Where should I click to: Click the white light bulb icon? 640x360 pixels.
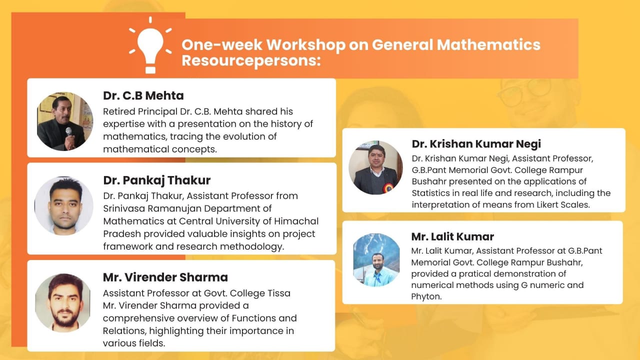click(x=150, y=45)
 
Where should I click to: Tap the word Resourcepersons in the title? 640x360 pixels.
click(x=251, y=61)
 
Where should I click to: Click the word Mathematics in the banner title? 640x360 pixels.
click(x=488, y=44)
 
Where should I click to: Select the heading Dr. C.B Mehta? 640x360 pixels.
click(x=143, y=95)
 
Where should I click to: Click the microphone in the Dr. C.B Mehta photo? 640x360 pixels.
click(x=69, y=132)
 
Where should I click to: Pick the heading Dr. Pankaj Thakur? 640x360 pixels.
click(x=157, y=180)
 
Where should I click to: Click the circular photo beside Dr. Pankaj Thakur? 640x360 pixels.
click(x=63, y=206)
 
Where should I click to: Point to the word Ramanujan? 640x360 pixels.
click(x=174, y=209)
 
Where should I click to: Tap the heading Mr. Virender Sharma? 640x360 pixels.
click(x=165, y=277)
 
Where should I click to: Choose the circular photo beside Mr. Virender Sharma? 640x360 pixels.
click(x=63, y=303)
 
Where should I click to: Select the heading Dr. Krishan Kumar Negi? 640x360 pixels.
click(x=476, y=144)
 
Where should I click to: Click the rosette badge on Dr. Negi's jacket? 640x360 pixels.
click(x=388, y=187)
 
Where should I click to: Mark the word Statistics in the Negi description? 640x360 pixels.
click(x=430, y=193)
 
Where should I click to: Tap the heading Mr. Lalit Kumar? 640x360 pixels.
click(x=452, y=236)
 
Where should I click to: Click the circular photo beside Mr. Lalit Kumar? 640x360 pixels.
click(x=376, y=260)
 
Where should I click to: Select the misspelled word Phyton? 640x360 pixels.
click(x=426, y=297)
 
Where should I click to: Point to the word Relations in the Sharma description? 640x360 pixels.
click(x=124, y=331)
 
